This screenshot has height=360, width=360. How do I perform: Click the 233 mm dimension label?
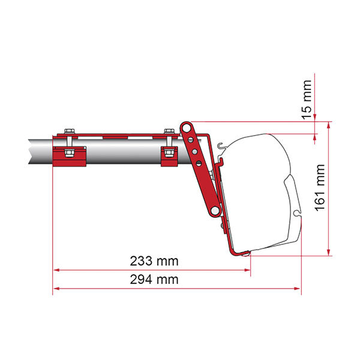[x=150, y=262]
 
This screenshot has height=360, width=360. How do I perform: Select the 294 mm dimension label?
[x=150, y=280]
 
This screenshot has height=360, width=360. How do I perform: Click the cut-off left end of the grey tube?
[x=29, y=153]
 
